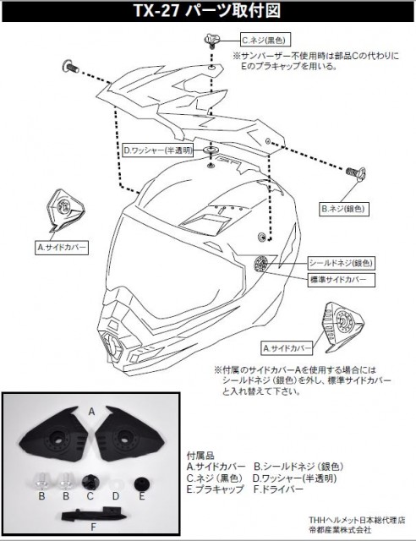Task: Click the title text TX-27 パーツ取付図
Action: pos(207,11)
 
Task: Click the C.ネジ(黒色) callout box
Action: pos(265,41)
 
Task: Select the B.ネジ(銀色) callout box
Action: pos(343,209)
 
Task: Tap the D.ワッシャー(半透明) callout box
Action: pos(158,151)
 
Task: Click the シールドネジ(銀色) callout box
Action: pos(341,263)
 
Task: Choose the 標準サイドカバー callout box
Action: pos(341,280)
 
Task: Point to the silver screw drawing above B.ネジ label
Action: pos(356,172)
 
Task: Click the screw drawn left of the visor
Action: pos(70,66)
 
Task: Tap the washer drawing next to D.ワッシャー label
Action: pos(211,150)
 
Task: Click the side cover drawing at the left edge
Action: pos(64,210)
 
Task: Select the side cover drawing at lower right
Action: pos(342,323)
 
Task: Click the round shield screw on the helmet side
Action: pos(260,264)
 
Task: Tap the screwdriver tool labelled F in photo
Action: pos(95,514)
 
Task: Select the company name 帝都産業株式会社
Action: pos(340,529)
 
